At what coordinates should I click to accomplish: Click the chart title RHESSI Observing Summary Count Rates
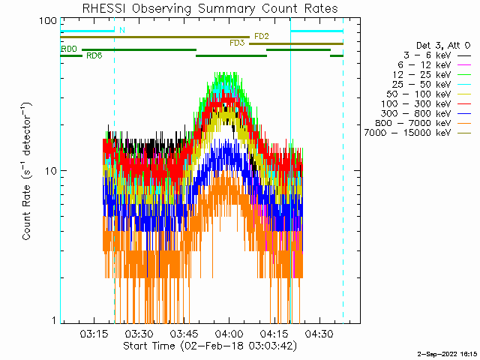(x=210, y=8)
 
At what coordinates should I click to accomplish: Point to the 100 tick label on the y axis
(x=48, y=21)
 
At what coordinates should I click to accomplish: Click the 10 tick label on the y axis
(x=51, y=171)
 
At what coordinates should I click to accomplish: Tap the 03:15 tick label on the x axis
(x=94, y=334)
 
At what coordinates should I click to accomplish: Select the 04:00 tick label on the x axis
(x=229, y=334)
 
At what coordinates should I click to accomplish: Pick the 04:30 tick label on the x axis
(x=319, y=334)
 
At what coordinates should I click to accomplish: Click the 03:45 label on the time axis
(x=184, y=334)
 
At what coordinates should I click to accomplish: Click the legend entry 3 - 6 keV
(x=427, y=55)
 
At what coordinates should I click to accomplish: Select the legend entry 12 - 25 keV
(x=422, y=75)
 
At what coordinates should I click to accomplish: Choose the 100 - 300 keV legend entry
(x=416, y=103)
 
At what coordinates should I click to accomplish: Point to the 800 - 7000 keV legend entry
(x=413, y=123)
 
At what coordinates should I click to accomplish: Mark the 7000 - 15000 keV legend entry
(x=408, y=133)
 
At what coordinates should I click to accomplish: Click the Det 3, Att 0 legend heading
(x=443, y=46)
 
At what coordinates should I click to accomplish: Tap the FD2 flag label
(x=262, y=37)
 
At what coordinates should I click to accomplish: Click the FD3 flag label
(x=237, y=43)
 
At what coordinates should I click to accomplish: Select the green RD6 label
(x=94, y=55)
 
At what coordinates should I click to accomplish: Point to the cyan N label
(x=122, y=30)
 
